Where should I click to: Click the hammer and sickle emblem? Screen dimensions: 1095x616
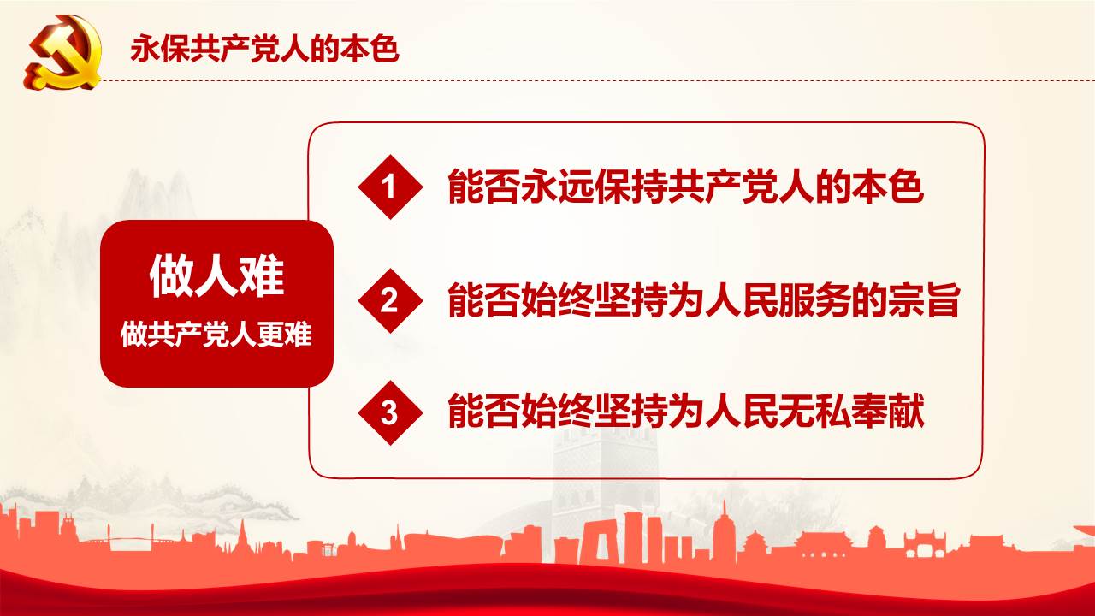pos(62,52)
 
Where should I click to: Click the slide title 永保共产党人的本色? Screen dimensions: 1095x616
pos(264,49)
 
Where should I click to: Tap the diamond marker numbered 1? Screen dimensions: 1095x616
pos(390,187)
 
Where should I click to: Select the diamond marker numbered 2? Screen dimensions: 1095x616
pos(390,300)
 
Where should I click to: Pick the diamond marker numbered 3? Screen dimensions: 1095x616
pos(390,412)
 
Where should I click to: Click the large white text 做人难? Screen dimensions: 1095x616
pos(216,276)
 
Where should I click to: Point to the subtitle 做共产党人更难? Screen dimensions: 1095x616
pos(216,335)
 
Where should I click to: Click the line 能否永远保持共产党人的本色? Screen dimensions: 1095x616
pos(685,187)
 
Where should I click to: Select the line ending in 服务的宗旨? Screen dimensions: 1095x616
pos(704,300)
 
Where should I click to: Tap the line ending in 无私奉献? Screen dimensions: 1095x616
pos(685,412)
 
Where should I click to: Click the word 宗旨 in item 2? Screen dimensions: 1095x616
pos(924,300)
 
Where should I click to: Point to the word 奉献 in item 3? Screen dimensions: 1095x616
pos(887,412)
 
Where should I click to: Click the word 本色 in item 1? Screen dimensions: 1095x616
pos(887,187)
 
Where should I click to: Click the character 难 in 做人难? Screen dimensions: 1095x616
pos(262,276)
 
